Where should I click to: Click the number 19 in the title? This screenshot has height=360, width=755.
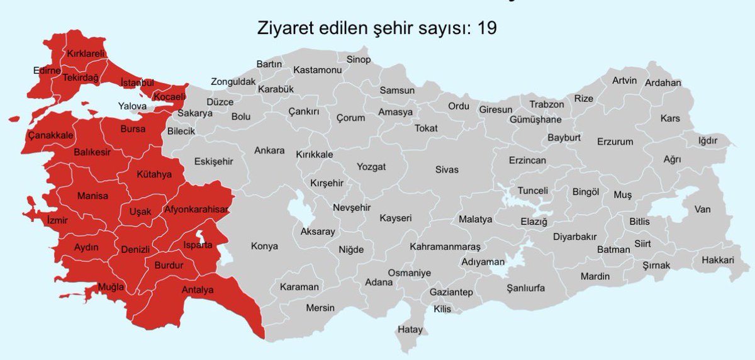tap(488, 28)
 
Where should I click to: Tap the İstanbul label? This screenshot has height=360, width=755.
tap(137, 82)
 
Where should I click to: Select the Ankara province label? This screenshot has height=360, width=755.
tap(269, 150)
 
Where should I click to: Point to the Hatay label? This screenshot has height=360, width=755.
tap(410, 329)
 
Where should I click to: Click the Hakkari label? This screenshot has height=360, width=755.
tap(718, 260)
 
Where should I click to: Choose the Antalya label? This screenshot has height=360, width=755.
tap(198, 290)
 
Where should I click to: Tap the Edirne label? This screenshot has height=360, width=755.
tap(47, 70)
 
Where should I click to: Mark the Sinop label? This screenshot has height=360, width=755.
tap(359, 59)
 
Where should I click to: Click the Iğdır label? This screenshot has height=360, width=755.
tap(708, 140)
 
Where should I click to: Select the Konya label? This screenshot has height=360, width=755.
tap(264, 246)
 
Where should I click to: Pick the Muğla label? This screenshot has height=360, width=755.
tap(111, 288)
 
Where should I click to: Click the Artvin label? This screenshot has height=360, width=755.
tap(625, 81)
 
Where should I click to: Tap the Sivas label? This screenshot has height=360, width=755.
tap(447, 169)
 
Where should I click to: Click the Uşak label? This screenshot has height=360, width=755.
tap(140, 211)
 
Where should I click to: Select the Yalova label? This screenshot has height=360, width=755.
tap(132, 106)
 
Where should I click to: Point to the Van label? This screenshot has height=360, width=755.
tap(702, 209)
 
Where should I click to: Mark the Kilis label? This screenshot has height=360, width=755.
tap(442, 309)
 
